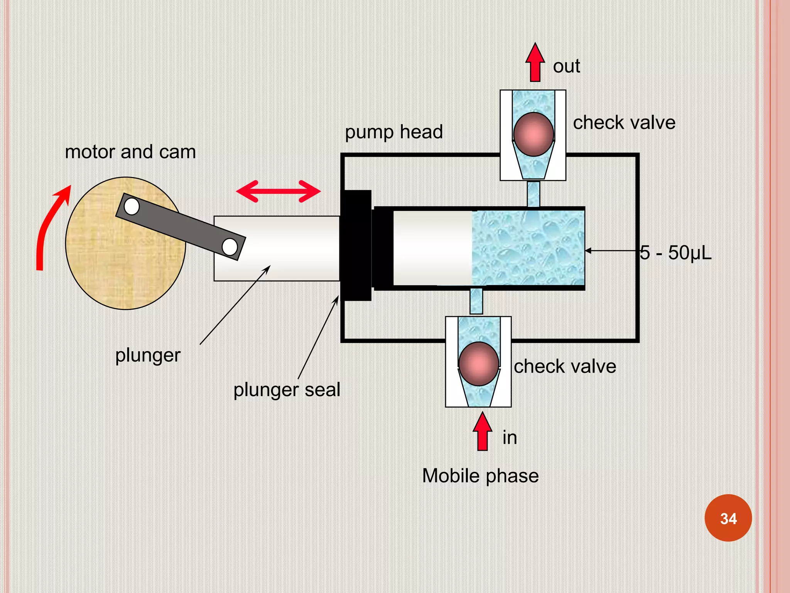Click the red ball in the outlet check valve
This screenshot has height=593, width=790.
click(533, 134)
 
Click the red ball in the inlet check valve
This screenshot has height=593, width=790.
click(479, 364)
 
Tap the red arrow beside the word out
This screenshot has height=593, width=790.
click(535, 63)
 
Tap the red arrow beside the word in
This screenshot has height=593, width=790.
click(482, 432)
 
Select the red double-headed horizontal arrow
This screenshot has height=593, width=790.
click(278, 191)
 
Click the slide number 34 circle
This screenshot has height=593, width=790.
click(728, 518)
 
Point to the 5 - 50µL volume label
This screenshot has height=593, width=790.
click(675, 253)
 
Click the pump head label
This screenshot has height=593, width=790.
click(393, 132)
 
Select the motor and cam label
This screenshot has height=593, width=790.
click(130, 152)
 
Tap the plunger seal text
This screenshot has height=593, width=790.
click(287, 390)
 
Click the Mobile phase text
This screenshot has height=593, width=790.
click(480, 476)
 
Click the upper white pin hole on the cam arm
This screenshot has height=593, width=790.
click(132, 207)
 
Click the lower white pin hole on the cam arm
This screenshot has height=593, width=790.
click(230, 247)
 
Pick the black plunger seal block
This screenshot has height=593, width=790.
click(356, 245)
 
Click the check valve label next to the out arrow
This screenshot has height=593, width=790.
click(624, 123)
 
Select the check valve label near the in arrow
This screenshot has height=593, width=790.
click(565, 366)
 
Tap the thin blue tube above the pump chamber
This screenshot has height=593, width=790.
click(533, 194)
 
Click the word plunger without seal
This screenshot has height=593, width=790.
click(148, 356)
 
